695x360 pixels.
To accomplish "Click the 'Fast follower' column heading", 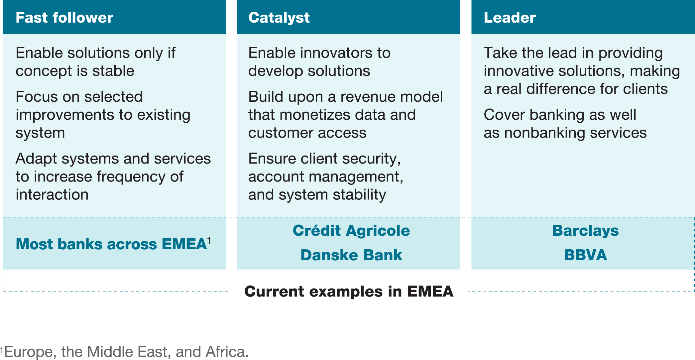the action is click(x=64, y=18).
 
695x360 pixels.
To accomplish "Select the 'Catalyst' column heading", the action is click(x=279, y=18).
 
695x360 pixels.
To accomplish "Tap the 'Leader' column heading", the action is click(x=510, y=18).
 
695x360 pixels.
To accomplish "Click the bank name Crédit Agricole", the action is click(x=351, y=231).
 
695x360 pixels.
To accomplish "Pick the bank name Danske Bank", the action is click(x=351, y=255).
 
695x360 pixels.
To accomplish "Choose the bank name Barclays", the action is click(x=585, y=231).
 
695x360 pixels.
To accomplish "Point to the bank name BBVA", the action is click(x=585, y=255).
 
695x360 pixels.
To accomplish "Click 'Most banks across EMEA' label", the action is click(x=111, y=244).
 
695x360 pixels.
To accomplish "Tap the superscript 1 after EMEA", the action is click(x=209, y=240).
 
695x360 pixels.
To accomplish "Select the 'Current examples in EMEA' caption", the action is click(x=349, y=292).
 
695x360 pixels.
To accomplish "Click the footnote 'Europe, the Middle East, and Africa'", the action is click(x=126, y=352).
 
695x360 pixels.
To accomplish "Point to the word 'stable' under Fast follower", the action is click(x=113, y=71).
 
